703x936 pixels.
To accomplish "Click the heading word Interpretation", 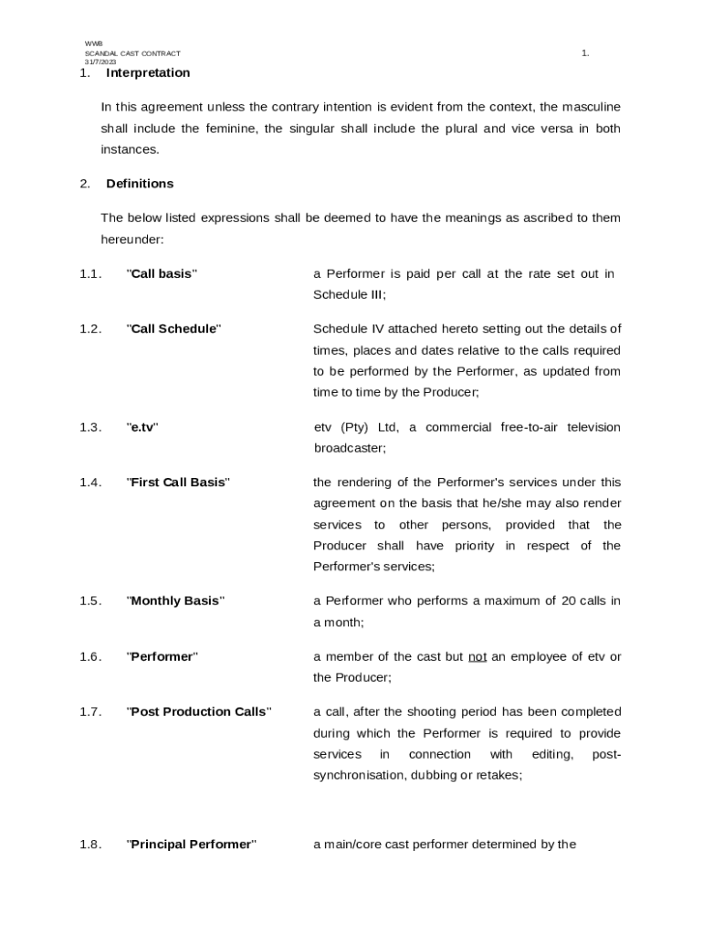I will [x=148, y=72].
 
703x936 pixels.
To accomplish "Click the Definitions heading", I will [x=140, y=183].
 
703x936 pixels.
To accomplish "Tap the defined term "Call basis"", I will [x=162, y=273].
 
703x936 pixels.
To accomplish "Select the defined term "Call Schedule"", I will [x=173, y=329].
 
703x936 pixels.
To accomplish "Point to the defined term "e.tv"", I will [x=142, y=427].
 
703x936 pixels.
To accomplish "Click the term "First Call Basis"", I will [x=178, y=482].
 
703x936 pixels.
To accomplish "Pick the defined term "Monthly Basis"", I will [x=175, y=601].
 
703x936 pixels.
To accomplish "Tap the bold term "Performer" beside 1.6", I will [x=162, y=656].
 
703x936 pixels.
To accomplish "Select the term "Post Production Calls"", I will [x=198, y=711].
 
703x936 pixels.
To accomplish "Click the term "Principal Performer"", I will [x=191, y=845].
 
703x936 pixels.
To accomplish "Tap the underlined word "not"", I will [x=477, y=656].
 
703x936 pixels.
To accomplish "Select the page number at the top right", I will [x=585, y=53].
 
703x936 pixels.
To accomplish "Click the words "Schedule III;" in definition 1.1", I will [x=350, y=294].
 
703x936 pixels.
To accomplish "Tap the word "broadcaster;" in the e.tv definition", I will [x=351, y=448].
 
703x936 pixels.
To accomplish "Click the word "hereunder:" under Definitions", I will [x=132, y=239].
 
